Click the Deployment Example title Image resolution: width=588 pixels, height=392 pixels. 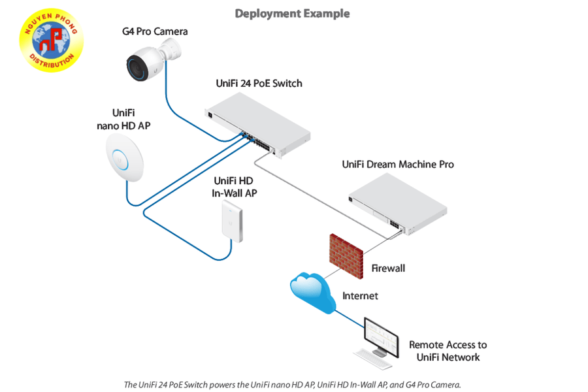[292, 14]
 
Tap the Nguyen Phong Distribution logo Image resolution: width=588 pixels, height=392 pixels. [51, 41]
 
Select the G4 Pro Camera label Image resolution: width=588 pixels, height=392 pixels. [155, 31]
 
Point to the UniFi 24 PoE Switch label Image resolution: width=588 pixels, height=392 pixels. [259, 84]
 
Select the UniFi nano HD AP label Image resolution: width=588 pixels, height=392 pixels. [123, 119]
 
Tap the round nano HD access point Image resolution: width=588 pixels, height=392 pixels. [123, 157]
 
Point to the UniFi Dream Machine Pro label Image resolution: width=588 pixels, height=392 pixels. [397, 165]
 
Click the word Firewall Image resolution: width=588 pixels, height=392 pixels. [388, 269]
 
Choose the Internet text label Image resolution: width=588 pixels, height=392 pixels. [360, 296]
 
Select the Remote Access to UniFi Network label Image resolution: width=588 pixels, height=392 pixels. [448, 351]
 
